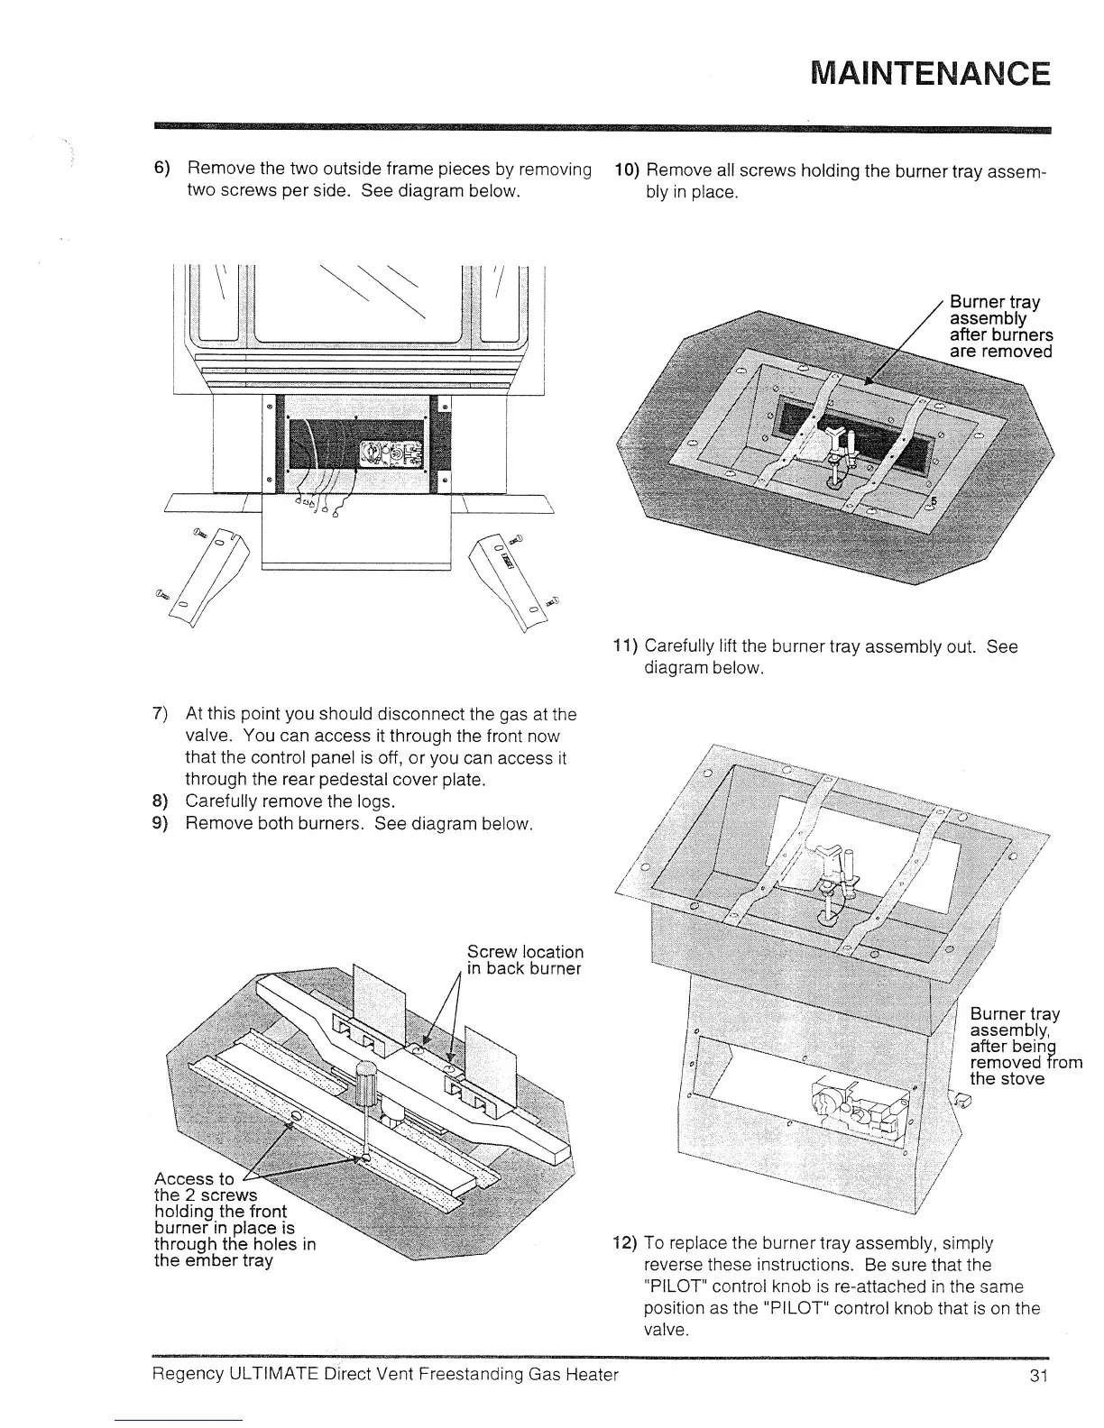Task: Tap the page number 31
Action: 1035,1375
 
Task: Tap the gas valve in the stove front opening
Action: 387,453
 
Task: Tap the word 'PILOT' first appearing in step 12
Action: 674,1286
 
